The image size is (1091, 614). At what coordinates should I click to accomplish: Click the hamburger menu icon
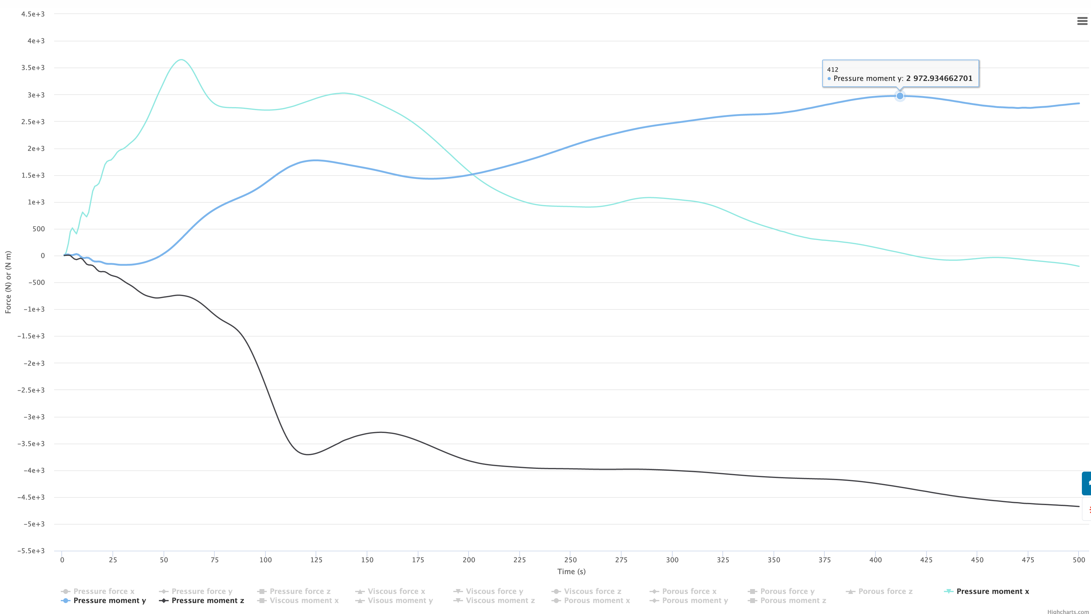tap(1082, 21)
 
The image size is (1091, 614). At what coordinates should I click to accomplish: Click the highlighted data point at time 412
tap(899, 96)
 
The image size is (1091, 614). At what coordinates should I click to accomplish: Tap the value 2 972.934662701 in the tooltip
tap(939, 78)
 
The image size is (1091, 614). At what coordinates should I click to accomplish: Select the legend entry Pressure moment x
tap(992, 591)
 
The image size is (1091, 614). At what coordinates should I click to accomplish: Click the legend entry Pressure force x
tap(104, 591)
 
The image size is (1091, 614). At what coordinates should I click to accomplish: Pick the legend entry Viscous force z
tap(592, 591)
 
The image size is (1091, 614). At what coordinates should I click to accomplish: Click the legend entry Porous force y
tap(787, 591)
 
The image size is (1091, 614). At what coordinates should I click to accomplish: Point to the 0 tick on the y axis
tap(42, 256)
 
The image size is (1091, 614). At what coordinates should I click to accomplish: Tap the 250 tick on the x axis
tap(570, 560)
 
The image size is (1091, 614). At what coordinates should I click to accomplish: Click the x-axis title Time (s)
tap(571, 572)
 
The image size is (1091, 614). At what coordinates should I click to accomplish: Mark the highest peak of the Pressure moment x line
tap(181, 60)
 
